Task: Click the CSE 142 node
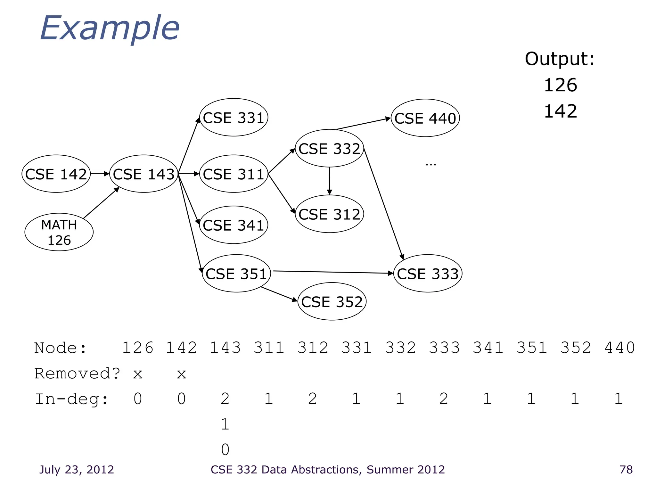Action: (x=56, y=174)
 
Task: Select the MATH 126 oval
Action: (x=59, y=232)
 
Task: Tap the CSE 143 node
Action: (x=144, y=174)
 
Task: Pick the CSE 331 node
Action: (x=234, y=118)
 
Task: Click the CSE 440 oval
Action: (x=425, y=118)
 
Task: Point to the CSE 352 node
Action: (x=332, y=302)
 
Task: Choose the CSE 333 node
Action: (x=428, y=274)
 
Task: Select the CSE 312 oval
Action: (x=329, y=214)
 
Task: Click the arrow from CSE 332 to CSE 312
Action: (x=329, y=181)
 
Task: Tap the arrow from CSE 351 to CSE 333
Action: (x=333, y=272)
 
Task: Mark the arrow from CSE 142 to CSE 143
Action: (x=100, y=174)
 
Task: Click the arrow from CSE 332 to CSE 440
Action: (x=364, y=124)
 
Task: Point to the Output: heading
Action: (x=560, y=59)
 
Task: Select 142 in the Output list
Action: (x=561, y=111)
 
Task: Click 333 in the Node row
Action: (x=444, y=348)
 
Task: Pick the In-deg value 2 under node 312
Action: (x=312, y=399)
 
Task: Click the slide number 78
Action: (x=626, y=470)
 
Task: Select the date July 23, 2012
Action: (x=77, y=470)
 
